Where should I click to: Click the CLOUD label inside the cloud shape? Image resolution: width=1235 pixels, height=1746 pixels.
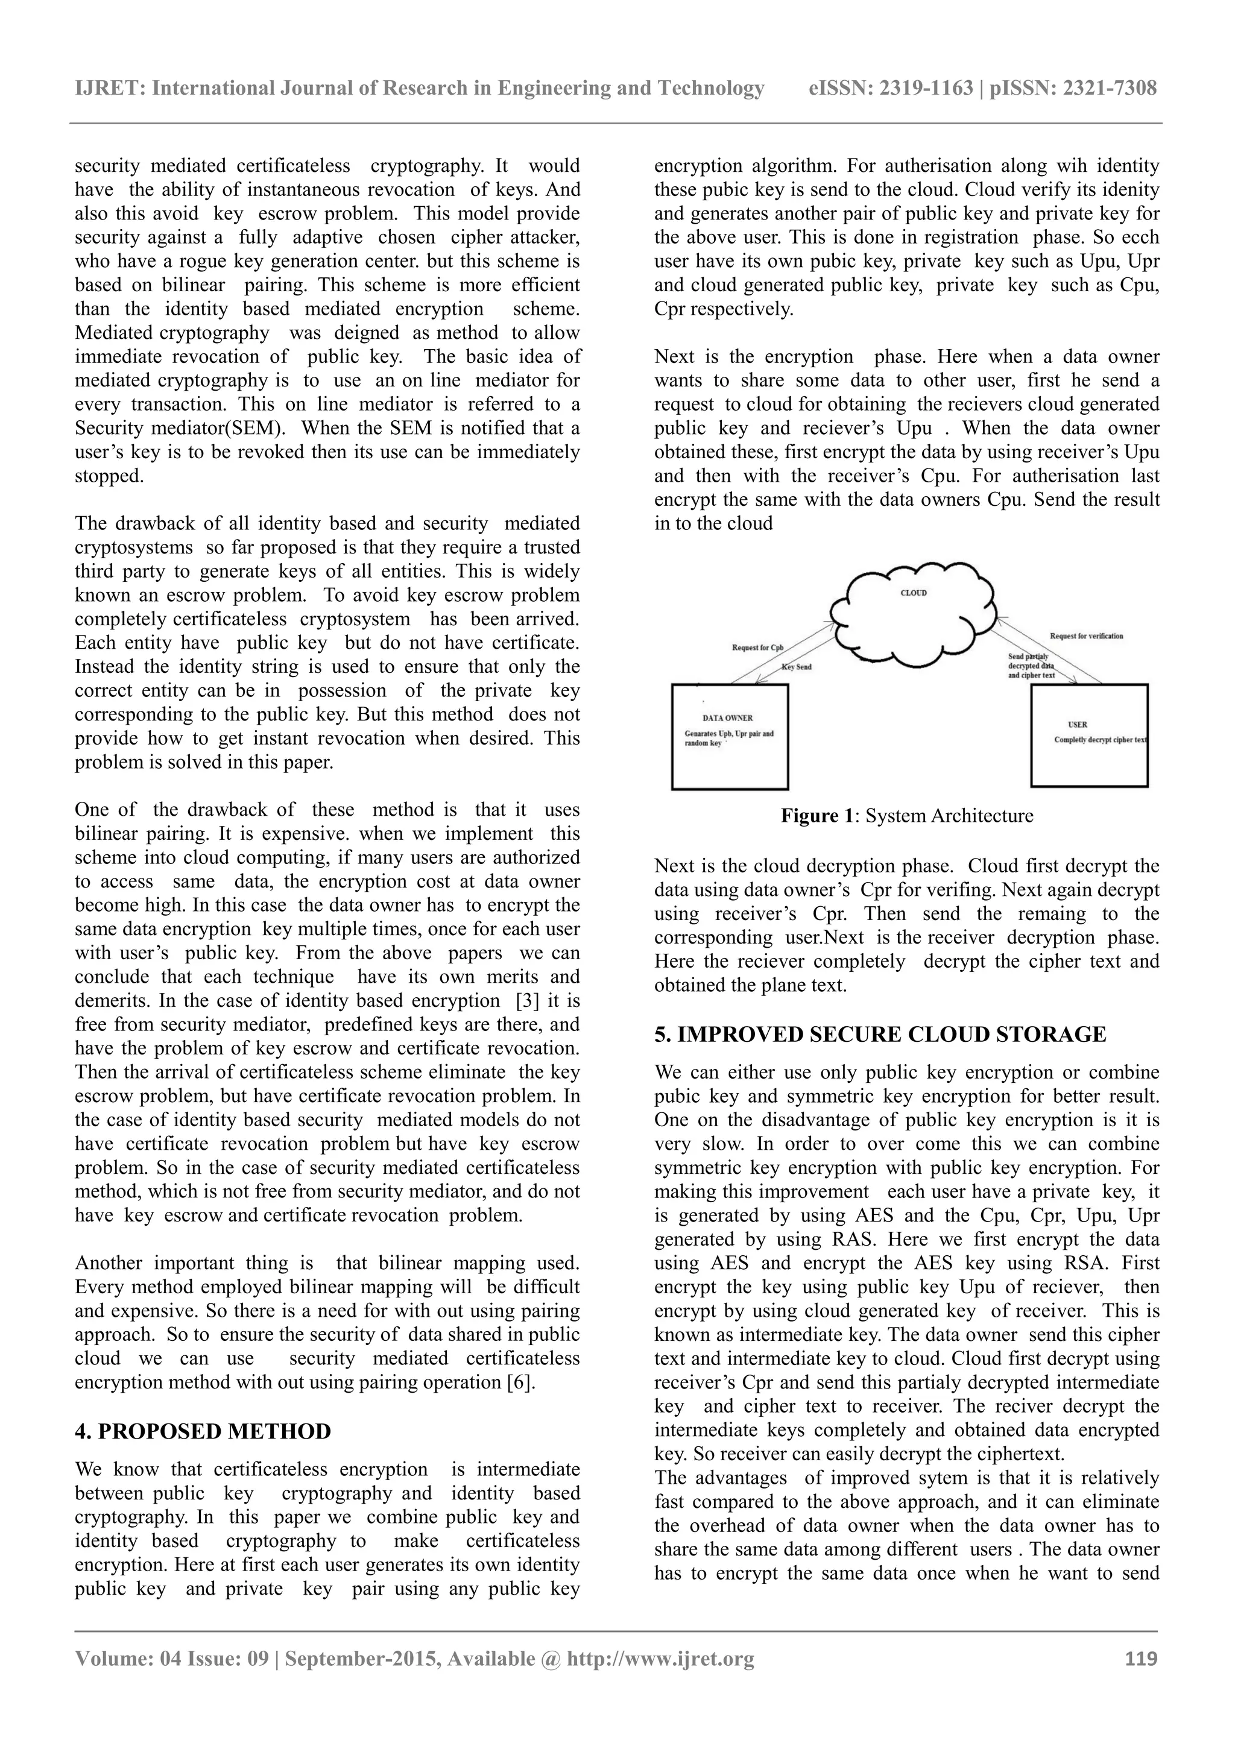[x=914, y=593]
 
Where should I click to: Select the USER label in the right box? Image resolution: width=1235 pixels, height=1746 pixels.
[x=1078, y=725]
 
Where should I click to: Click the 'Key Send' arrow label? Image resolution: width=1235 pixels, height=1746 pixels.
[x=797, y=667]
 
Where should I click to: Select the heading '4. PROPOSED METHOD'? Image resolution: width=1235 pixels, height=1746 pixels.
[x=203, y=1431]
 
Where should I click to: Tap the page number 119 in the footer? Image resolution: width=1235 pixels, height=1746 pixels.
[x=1141, y=1659]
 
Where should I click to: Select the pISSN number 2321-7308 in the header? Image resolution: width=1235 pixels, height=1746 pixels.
[x=1109, y=89]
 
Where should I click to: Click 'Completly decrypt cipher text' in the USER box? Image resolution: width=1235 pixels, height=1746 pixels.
[x=1101, y=740]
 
